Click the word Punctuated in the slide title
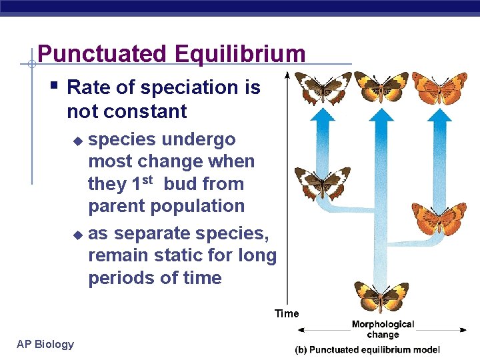[91, 53]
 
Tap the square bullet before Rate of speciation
[55, 86]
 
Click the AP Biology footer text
[45, 344]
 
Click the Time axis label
[287, 313]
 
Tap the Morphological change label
[383, 329]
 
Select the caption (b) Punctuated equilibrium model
[367, 349]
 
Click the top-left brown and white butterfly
[323, 87]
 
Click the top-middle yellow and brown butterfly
[381, 87]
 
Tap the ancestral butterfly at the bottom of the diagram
[381, 295]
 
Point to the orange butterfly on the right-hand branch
[439, 216]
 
